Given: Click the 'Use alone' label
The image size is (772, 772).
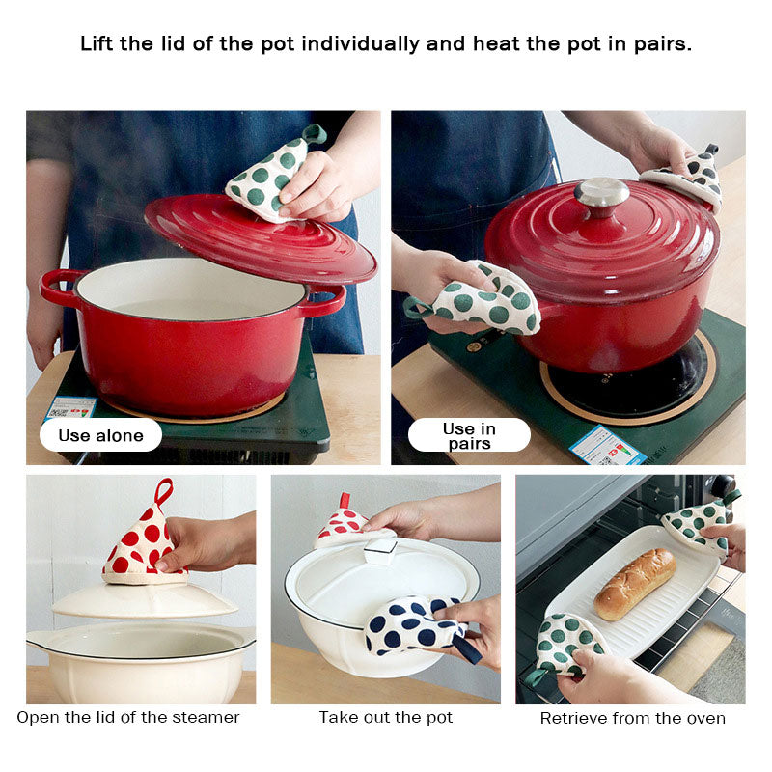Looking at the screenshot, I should pyautogui.click(x=100, y=435).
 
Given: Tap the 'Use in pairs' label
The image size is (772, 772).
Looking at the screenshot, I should pyautogui.click(x=469, y=435).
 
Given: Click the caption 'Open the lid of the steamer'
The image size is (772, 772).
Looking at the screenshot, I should pyautogui.click(x=128, y=717).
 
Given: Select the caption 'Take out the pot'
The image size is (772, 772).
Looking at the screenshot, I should pyautogui.click(x=386, y=717).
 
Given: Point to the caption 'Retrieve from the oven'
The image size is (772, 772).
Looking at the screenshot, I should pyautogui.click(x=632, y=718).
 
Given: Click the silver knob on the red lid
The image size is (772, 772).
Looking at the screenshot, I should pyautogui.click(x=601, y=193).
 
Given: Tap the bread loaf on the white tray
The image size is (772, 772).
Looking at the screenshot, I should pyautogui.click(x=634, y=583).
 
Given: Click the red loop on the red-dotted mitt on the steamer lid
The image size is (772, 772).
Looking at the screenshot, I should pyautogui.click(x=163, y=490).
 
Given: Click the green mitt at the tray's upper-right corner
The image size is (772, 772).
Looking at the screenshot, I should pyautogui.click(x=697, y=522).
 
